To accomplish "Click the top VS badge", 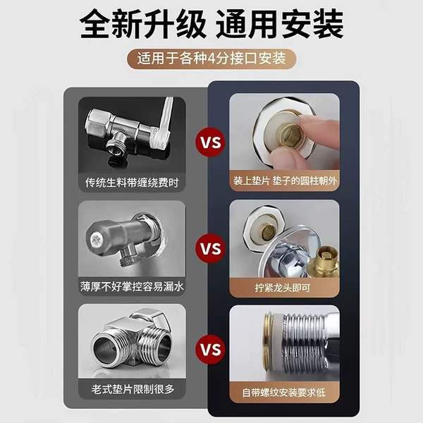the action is click(x=210, y=142).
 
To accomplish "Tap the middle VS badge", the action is click(x=210, y=248).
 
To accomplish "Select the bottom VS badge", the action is click(x=210, y=350).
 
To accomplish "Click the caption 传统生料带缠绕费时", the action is click(x=132, y=183).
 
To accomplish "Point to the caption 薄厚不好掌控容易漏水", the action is click(x=132, y=286).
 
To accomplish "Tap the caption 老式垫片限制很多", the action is click(x=133, y=389).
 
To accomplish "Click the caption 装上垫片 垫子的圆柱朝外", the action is click(x=285, y=180).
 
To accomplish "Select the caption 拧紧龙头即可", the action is click(x=283, y=288).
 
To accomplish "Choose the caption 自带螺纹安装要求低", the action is click(x=284, y=393).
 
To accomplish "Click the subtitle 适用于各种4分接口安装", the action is click(x=211, y=59).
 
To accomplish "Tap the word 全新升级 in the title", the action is click(x=142, y=24).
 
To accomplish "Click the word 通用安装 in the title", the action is click(x=280, y=24).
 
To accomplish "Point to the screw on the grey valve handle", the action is click(x=96, y=239).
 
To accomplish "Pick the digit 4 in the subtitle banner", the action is click(x=211, y=59).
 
